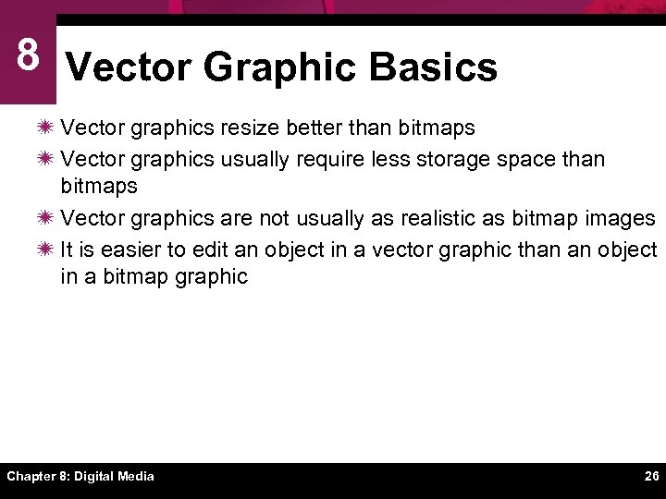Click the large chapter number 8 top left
[x=27, y=55]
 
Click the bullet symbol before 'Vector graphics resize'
[x=46, y=127]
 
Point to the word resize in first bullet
[x=252, y=127]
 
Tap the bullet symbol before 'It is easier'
[x=46, y=250]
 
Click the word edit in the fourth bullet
[x=212, y=250]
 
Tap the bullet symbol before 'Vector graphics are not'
[x=46, y=218]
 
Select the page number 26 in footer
[x=651, y=477]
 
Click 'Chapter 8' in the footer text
[x=37, y=477]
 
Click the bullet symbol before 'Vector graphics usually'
[x=46, y=159]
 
